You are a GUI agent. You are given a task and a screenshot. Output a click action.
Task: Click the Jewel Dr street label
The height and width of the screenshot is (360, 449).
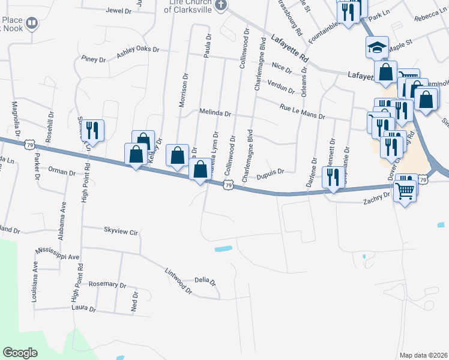tap(118, 11)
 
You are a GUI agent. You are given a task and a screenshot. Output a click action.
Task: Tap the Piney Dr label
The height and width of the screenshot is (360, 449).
tap(93, 59)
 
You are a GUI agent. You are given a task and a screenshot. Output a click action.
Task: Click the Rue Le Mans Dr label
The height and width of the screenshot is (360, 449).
tap(302, 112)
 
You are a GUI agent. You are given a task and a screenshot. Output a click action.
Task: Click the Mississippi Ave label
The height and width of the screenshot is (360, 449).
tap(58, 253)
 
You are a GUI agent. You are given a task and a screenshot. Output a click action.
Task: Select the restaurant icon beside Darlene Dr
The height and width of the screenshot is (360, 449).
tap(331, 177)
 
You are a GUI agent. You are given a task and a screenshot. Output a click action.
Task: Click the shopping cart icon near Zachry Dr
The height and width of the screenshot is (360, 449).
tap(406, 190)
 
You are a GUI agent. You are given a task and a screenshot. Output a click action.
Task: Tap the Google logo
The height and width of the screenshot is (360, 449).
tap(20, 353)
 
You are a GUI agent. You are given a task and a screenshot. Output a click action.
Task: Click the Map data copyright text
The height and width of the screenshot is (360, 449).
tap(423, 355)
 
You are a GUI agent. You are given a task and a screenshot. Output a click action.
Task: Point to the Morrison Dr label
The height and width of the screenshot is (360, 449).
tap(184, 91)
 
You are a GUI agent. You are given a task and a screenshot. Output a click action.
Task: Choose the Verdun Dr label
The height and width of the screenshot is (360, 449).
tap(281, 86)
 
